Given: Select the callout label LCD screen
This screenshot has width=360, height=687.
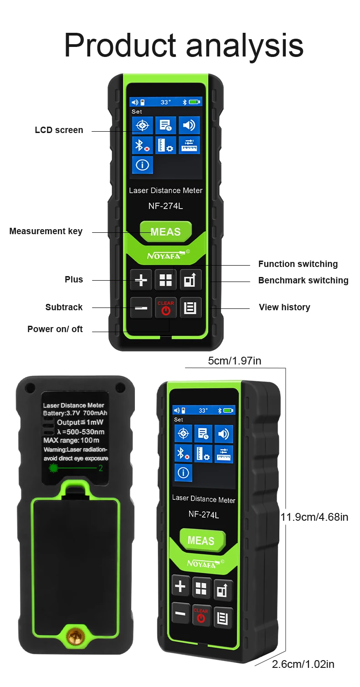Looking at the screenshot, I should [59, 130].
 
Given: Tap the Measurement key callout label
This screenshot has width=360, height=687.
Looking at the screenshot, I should [46, 231].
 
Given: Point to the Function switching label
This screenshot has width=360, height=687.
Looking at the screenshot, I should [298, 264].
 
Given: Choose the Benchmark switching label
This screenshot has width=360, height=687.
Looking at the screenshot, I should [303, 281].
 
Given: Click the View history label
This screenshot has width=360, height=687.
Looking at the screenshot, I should [284, 308].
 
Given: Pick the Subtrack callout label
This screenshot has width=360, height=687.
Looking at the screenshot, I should [64, 308].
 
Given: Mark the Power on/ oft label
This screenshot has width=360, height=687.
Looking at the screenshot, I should [55, 329].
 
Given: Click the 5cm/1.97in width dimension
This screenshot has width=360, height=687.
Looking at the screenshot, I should [235, 361].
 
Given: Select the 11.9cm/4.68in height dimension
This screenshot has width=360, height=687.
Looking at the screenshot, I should [314, 517].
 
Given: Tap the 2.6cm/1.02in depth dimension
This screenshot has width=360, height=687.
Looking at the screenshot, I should [303, 664].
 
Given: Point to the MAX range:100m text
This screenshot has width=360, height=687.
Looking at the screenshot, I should [71, 441].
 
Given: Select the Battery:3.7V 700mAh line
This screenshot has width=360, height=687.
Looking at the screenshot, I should [75, 413].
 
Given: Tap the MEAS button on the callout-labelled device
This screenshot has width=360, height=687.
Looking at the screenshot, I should [166, 231].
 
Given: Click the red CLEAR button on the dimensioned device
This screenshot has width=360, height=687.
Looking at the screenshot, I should [201, 615].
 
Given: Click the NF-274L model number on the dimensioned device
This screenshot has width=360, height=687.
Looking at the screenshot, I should [204, 515].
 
